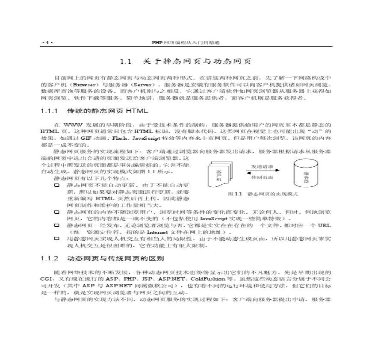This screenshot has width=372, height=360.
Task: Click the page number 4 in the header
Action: click(47, 43)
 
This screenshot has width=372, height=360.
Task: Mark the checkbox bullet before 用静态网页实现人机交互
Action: click(56, 239)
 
